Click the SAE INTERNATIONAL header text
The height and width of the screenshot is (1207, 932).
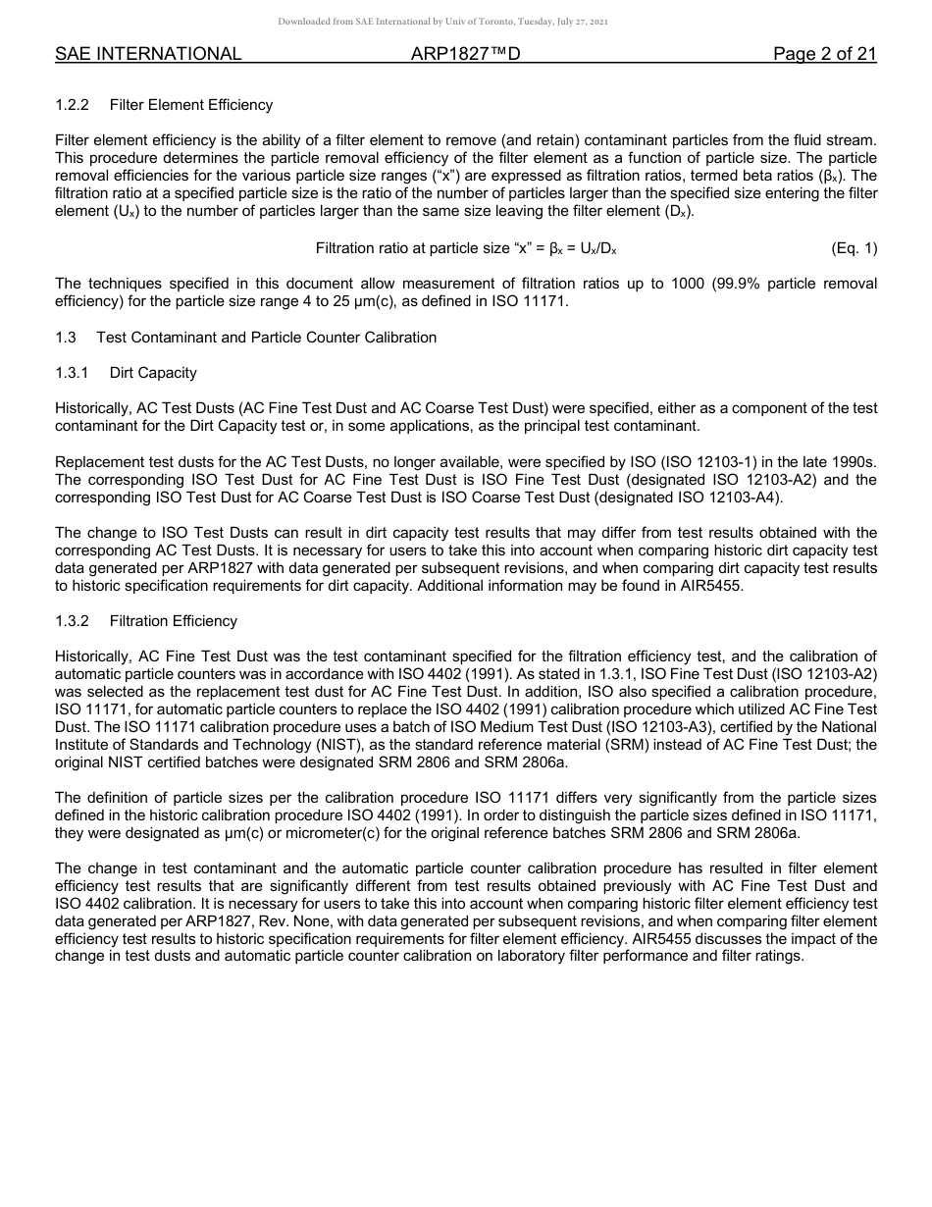pyautogui.click(x=148, y=54)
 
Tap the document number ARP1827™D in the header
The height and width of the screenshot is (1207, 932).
pyautogui.click(x=465, y=54)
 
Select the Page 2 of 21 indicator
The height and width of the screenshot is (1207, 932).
pyautogui.click(x=824, y=54)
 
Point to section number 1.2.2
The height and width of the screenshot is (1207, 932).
pyautogui.click(x=73, y=105)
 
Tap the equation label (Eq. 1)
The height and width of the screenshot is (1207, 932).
pyautogui.click(x=854, y=248)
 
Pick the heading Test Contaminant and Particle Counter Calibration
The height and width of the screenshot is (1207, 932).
pyautogui.click(x=266, y=338)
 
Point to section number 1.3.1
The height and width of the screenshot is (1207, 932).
pyautogui.click(x=73, y=373)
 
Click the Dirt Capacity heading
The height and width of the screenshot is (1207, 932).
pyautogui.click(x=153, y=373)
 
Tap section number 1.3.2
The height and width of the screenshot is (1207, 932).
pyautogui.click(x=73, y=621)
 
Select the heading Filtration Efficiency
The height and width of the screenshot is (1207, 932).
pyautogui.click(x=174, y=621)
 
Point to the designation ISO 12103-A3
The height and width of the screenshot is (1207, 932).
pyautogui.click(x=609, y=727)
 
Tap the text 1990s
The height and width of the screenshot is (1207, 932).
pyautogui.click(x=854, y=462)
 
